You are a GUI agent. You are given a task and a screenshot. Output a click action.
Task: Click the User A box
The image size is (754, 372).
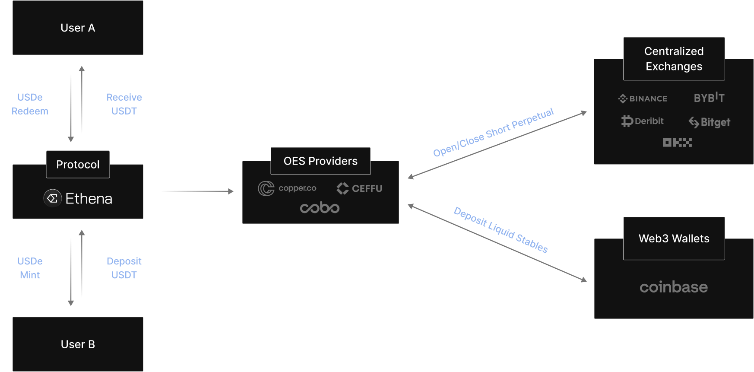(78, 28)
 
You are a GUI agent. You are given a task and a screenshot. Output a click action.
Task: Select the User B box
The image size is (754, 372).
(78, 344)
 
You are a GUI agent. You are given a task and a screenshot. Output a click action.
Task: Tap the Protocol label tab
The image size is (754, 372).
(78, 164)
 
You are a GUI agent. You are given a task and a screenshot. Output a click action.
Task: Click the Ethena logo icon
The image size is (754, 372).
(53, 198)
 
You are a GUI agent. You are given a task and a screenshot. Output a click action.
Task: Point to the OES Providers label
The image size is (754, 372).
(320, 161)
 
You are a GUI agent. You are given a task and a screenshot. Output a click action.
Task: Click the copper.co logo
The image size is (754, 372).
(287, 188)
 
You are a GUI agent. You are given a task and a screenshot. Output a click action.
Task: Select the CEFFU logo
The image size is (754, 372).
(359, 188)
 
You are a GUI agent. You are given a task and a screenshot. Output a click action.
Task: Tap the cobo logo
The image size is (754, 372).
(320, 208)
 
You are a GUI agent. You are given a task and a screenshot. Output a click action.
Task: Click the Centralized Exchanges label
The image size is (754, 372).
(674, 59)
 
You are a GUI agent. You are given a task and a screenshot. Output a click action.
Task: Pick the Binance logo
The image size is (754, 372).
(643, 99)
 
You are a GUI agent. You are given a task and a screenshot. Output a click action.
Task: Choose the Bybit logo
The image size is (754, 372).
(709, 98)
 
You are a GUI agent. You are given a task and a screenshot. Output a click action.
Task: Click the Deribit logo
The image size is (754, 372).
(643, 121)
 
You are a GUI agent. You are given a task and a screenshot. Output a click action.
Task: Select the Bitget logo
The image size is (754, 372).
(710, 122)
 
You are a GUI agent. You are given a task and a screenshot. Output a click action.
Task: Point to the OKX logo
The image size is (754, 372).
(677, 143)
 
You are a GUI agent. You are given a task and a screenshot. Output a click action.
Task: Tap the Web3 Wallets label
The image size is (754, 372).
(674, 238)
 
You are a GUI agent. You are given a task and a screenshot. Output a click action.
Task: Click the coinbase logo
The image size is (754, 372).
(674, 287)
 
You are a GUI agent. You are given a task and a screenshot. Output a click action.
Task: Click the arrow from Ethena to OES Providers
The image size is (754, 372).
(198, 191)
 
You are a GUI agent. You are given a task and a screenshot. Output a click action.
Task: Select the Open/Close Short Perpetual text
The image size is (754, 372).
(494, 132)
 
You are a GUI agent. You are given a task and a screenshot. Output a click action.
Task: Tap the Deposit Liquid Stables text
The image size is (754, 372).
(501, 230)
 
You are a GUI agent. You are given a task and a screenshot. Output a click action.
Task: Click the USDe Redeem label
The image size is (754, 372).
(30, 104)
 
